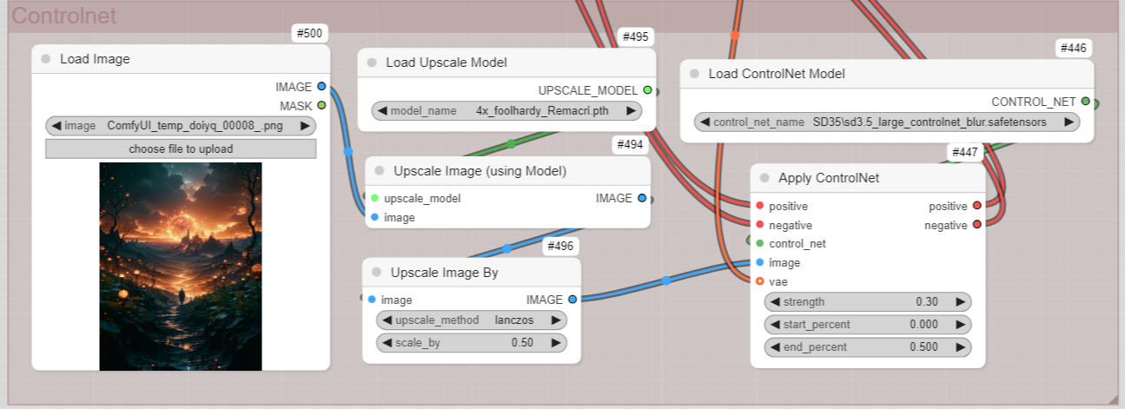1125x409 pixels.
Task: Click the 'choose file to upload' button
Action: [x=181, y=149]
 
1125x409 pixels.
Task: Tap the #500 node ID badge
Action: [x=309, y=34]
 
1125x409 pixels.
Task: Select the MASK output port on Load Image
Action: [x=321, y=105]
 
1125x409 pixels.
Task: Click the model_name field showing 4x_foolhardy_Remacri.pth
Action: [x=506, y=111]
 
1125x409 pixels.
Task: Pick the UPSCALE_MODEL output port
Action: [x=647, y=90]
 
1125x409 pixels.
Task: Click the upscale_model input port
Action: [x=374, y=198]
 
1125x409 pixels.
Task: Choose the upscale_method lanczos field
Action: [x=472, y=320]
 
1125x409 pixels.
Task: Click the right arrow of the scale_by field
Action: [x=555, y=343]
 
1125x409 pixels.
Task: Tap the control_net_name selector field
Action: [x=887, y=122]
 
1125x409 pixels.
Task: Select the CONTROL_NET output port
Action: [x=1085, y=102]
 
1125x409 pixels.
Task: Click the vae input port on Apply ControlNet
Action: [x=759, y=281]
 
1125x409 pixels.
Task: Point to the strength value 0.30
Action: [x=927, y=301]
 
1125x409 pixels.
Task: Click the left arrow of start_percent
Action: [x=775, y=325]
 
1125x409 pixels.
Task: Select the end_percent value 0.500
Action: [x=923, y=347]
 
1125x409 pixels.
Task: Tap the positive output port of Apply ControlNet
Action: [x=976, y=205]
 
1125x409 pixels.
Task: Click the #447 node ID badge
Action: [x=965, y=153]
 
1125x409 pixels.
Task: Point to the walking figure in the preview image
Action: [x=182, y=295]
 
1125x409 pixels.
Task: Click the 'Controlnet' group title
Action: [x=63, y=16]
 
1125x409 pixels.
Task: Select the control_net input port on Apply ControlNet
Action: [x=759, y=243]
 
